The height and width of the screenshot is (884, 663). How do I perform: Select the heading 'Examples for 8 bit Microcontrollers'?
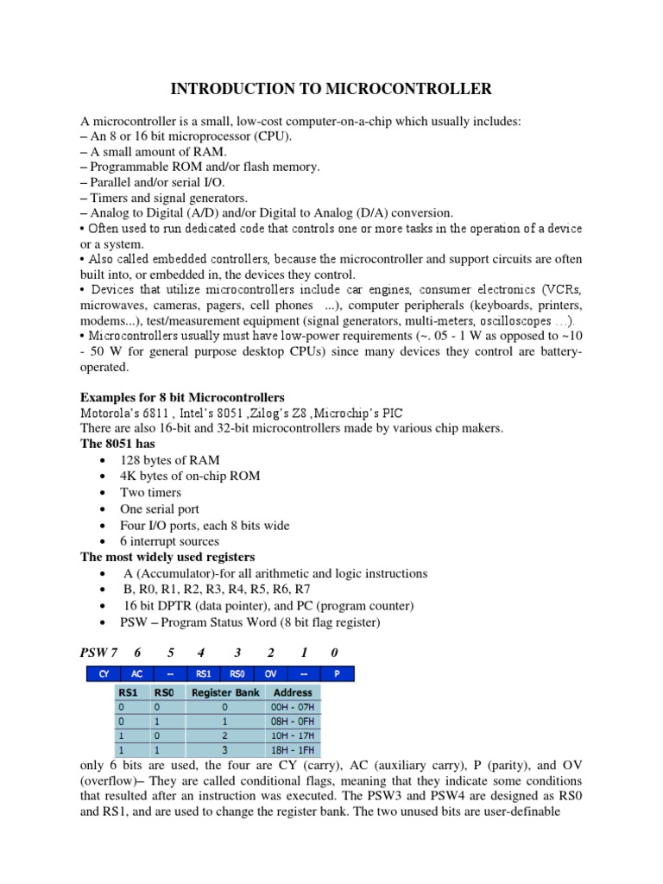tap(182, 397)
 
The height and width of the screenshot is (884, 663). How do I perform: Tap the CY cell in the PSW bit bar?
tap(104, 673)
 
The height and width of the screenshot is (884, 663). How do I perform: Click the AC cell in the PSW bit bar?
tap(136, 673)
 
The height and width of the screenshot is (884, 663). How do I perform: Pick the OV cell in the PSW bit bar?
tap(270, 673)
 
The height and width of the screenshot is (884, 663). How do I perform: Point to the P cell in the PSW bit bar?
tap(337, 673)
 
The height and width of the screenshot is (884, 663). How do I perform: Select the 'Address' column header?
tap(293, 691)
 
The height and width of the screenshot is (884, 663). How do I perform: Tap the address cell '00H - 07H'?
tap(293, 707)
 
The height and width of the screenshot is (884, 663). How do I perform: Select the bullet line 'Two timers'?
tap(152, 492)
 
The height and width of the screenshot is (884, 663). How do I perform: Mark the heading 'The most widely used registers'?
tap(167, 557)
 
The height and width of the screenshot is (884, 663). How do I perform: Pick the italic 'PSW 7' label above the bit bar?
tap(97, 653)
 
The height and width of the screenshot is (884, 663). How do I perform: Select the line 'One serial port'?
tap(163, 508)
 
